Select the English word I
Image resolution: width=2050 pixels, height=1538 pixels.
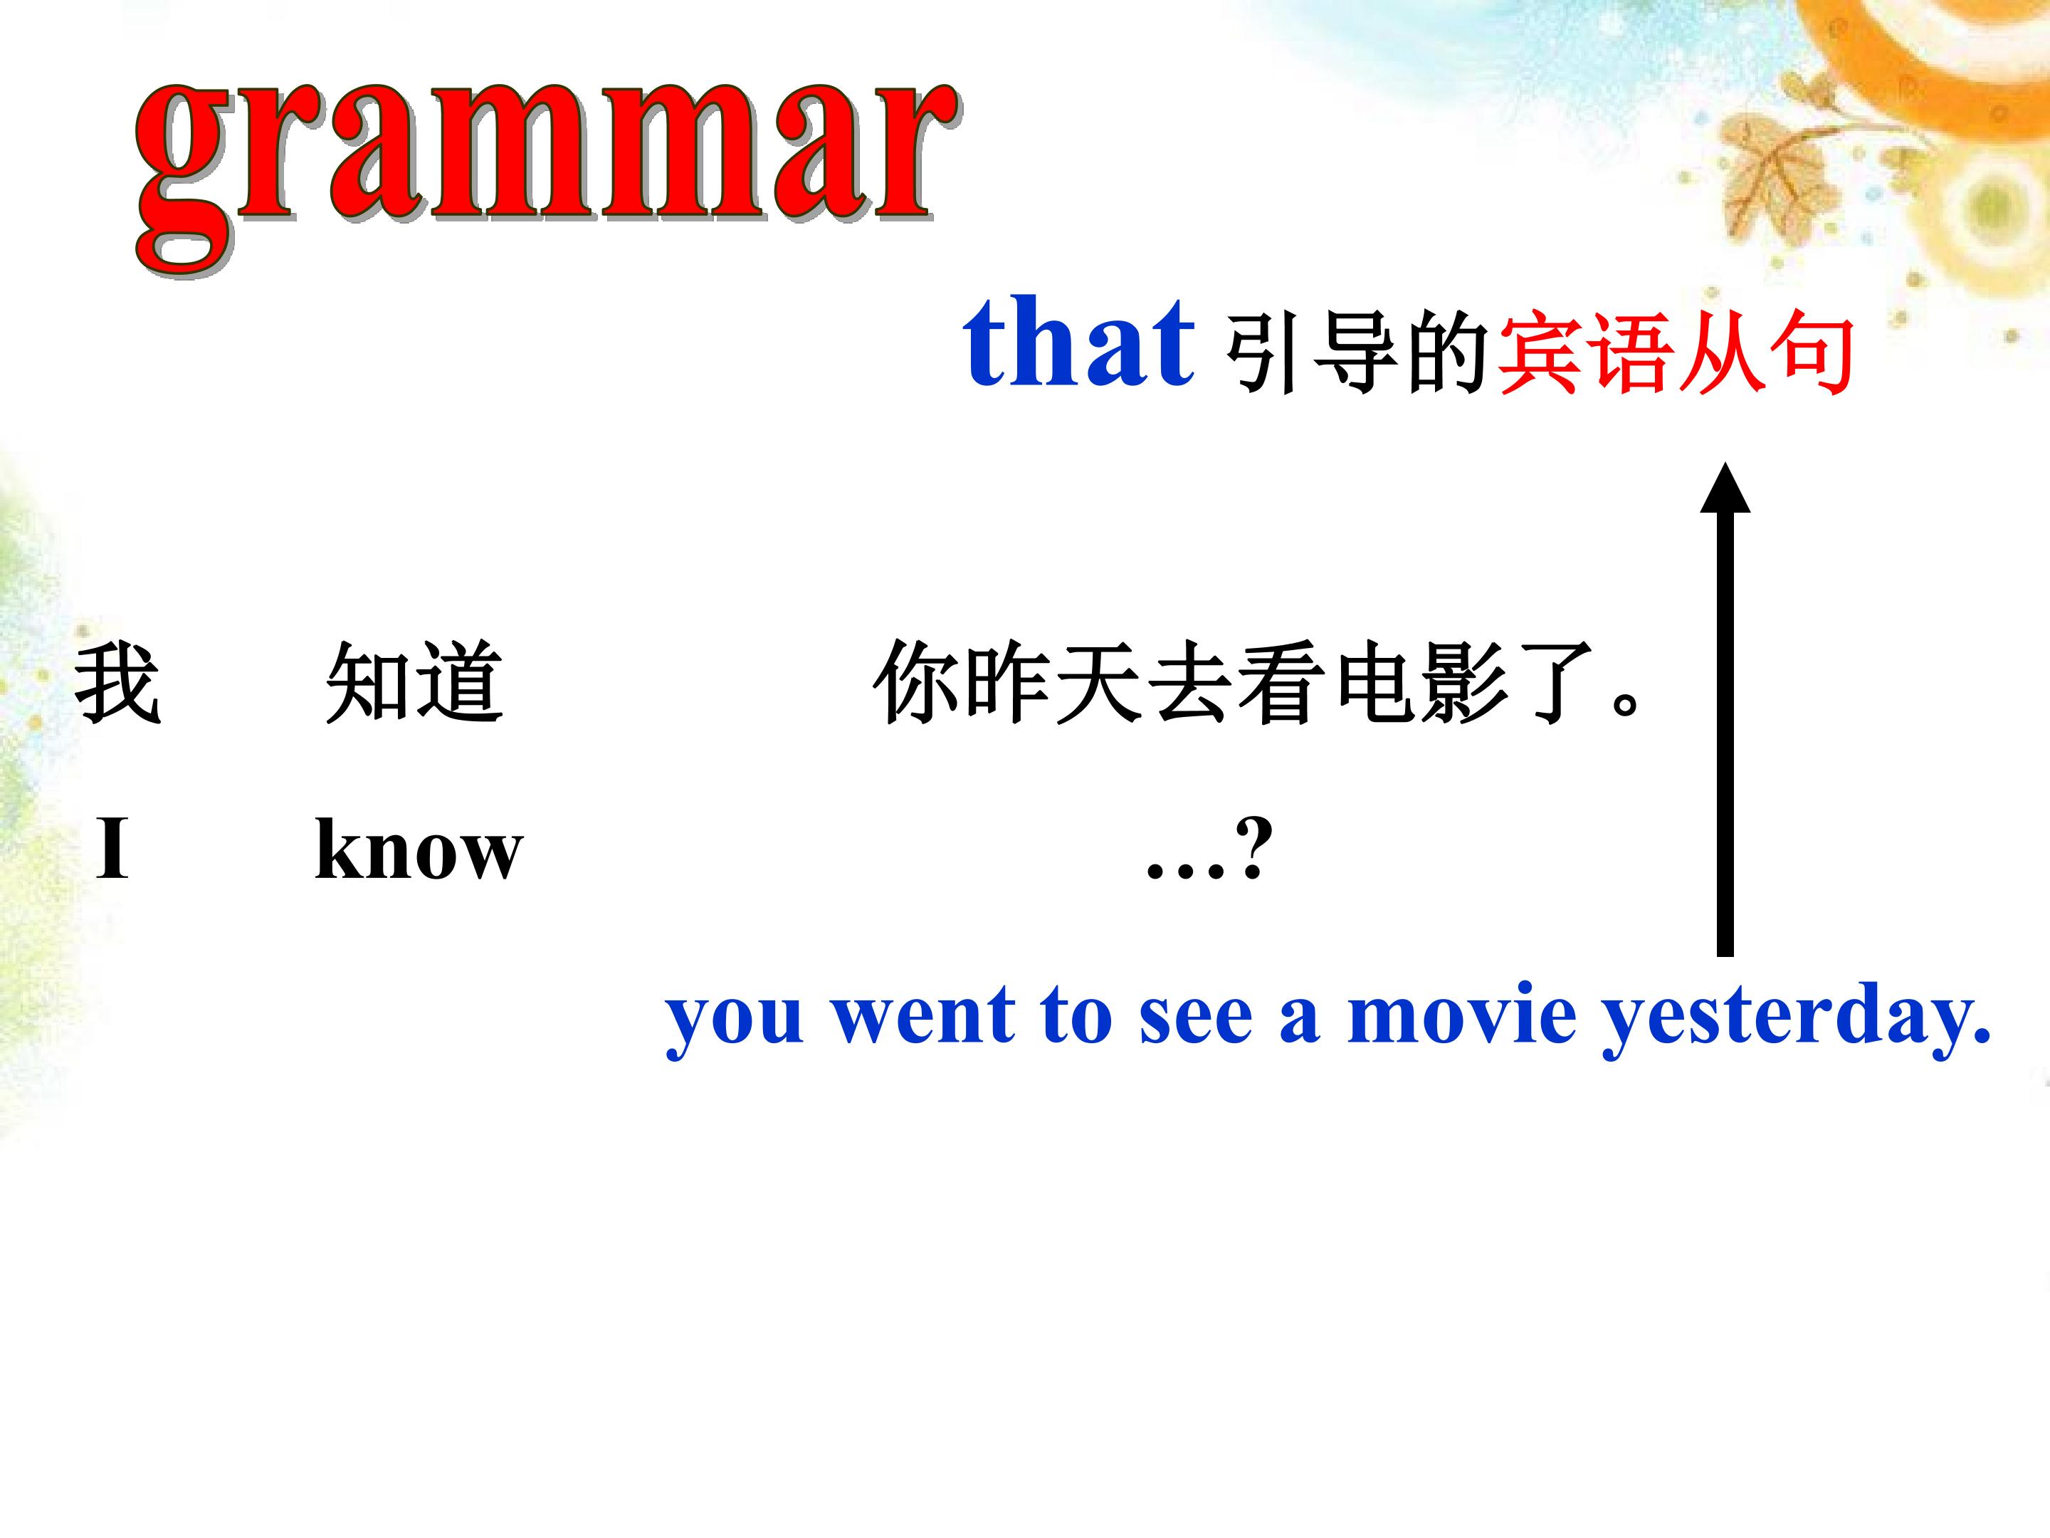point(112,847)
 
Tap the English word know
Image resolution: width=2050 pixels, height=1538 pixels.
point(419,847)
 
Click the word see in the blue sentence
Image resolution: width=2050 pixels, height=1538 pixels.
point(1197,1018)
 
